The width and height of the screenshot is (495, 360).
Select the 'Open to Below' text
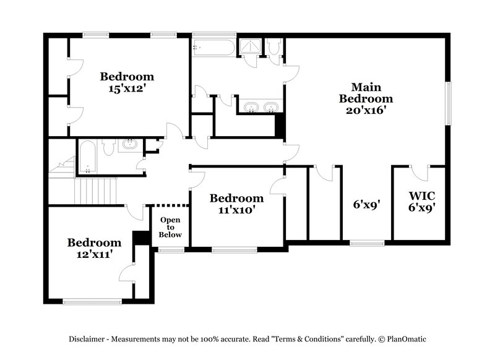(x=171, y=227)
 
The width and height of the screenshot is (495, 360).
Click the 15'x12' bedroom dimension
(x=127, y=88)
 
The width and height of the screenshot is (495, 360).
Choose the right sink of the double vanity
(x=270, y=109)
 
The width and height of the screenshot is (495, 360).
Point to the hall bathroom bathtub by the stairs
(x=86, y=157)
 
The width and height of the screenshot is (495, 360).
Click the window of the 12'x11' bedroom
(x=92, y=301)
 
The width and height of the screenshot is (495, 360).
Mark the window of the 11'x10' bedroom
(x=234, y=249)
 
